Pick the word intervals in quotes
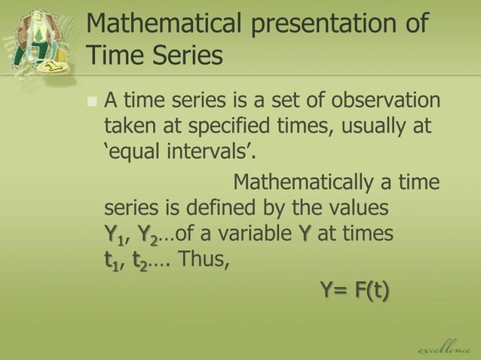point(212,154)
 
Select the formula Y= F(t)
point(355,288)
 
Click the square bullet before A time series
point(92,101)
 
